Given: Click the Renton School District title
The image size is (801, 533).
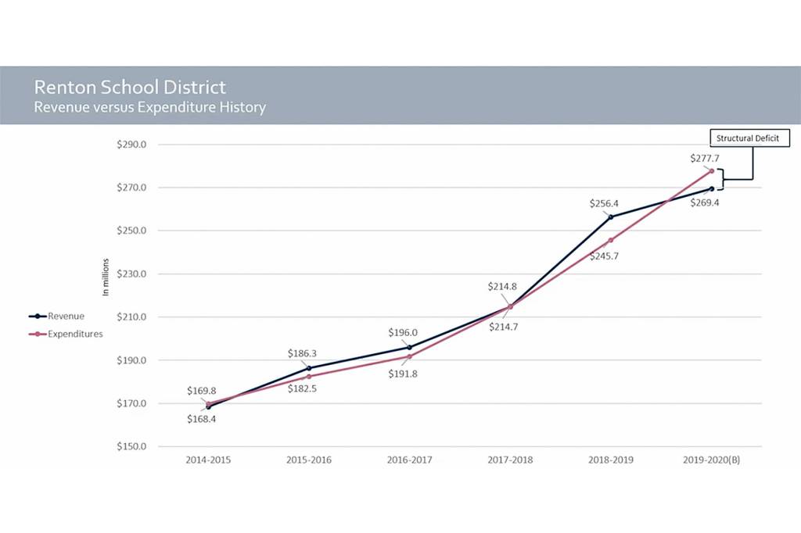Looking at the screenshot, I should (130, 88).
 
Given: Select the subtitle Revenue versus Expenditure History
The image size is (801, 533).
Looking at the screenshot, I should (149, 108).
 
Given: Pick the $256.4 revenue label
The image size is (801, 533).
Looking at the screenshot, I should (605, 203).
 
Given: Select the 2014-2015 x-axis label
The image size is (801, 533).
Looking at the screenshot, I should (208, 460).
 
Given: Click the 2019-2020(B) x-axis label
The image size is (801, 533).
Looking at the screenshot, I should (711, 460).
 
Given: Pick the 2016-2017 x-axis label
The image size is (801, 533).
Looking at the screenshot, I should (409, 460).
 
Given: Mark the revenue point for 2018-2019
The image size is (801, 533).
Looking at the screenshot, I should (611, 216).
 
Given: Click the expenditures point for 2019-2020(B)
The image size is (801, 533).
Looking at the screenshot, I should (712, 170).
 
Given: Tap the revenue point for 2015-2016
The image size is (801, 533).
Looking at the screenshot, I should (309, 368).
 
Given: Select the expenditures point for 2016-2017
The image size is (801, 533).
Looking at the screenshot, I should (409, 356).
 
